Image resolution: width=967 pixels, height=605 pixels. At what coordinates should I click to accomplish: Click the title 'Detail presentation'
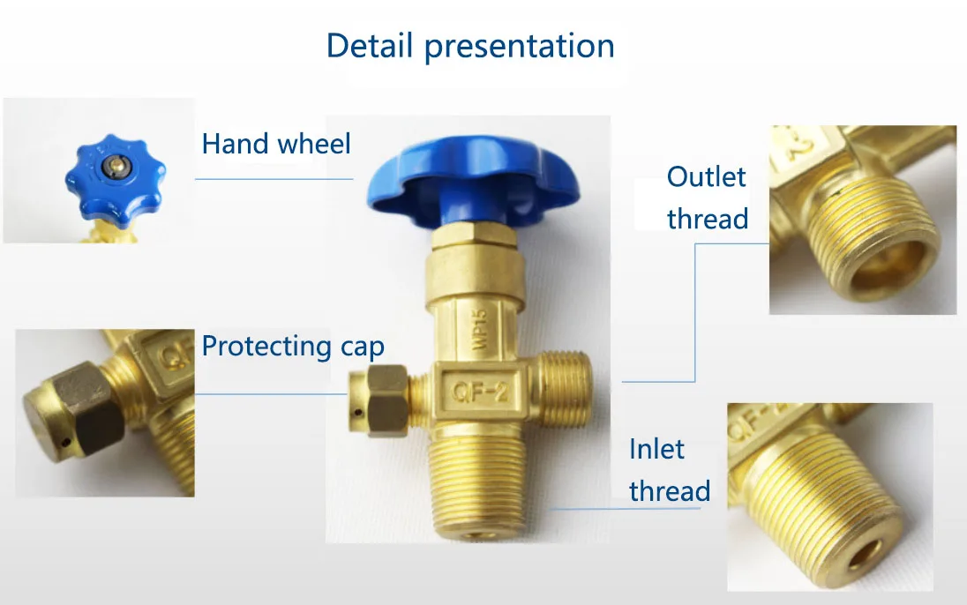[x=469, y=46]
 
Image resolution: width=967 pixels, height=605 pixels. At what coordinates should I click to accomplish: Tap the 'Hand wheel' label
[x=276, y=143]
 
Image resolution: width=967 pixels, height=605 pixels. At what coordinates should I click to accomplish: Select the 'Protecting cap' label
[x=293, y=347]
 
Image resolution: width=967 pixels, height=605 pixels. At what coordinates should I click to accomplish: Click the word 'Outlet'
[x=706, y=176]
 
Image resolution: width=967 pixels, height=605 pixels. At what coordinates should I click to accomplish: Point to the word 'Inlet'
[x=656, y=449]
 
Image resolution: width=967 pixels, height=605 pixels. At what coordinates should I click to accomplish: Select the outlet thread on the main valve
[x=565, y=386]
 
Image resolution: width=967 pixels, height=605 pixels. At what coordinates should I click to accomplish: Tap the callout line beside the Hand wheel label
[x=274, y=179]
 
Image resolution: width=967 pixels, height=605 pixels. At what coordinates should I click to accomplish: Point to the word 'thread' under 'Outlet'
[x=708, y=219]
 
